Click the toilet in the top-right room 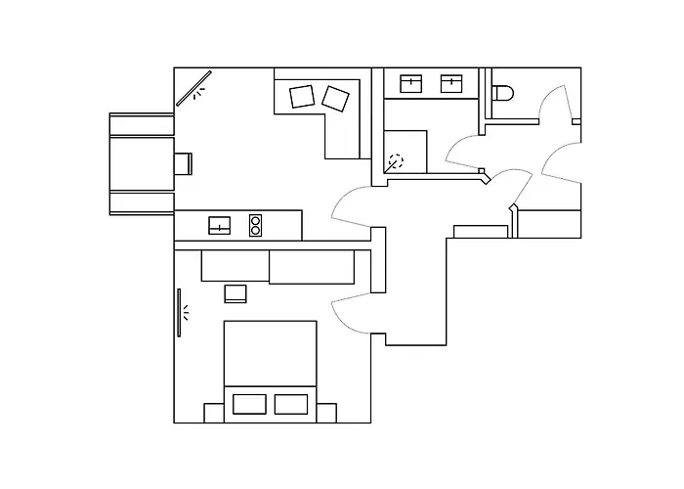point(503,93)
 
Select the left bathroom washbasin point(411,83)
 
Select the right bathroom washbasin point(451,83)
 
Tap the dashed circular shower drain point(395,162)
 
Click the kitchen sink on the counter point(220,226)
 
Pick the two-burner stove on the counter point(256,226)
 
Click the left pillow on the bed point(249,404)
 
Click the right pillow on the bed point(291,404)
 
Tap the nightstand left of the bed point(213,412)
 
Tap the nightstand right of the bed point(327,412)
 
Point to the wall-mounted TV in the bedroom point(179,313)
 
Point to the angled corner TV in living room point(193,88)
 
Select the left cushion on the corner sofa point(302,96)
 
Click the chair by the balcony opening point(183,162)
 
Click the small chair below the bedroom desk point(235,292)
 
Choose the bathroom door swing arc point(464,147)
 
